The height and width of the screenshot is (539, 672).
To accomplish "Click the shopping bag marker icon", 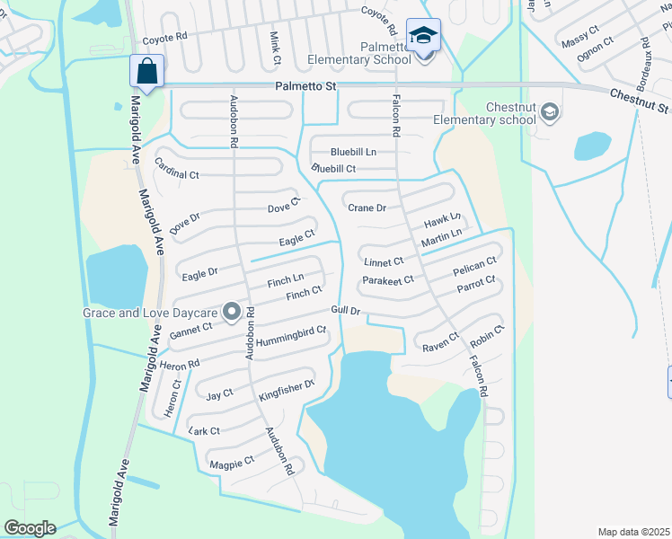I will (146, 70).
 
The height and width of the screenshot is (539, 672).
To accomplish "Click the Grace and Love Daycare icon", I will (232, 313).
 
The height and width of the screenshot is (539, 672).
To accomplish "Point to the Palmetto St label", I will (305, 86).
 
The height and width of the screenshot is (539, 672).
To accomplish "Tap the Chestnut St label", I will (638, 101).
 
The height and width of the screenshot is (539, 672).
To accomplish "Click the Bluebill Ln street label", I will (352, 152).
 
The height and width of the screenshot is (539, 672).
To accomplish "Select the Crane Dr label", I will (367, 208).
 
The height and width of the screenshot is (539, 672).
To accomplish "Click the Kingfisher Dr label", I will (287, 390).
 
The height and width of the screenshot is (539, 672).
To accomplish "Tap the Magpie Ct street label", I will (231, 463).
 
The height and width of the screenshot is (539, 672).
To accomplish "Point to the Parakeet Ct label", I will (387, 280).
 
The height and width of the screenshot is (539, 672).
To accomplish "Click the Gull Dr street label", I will (346, 311).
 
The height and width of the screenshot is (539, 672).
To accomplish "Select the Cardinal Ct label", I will (176, 168).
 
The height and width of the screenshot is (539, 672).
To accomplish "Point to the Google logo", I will (30, 527).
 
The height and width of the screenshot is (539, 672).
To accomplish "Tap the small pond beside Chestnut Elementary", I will (592, 146).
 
